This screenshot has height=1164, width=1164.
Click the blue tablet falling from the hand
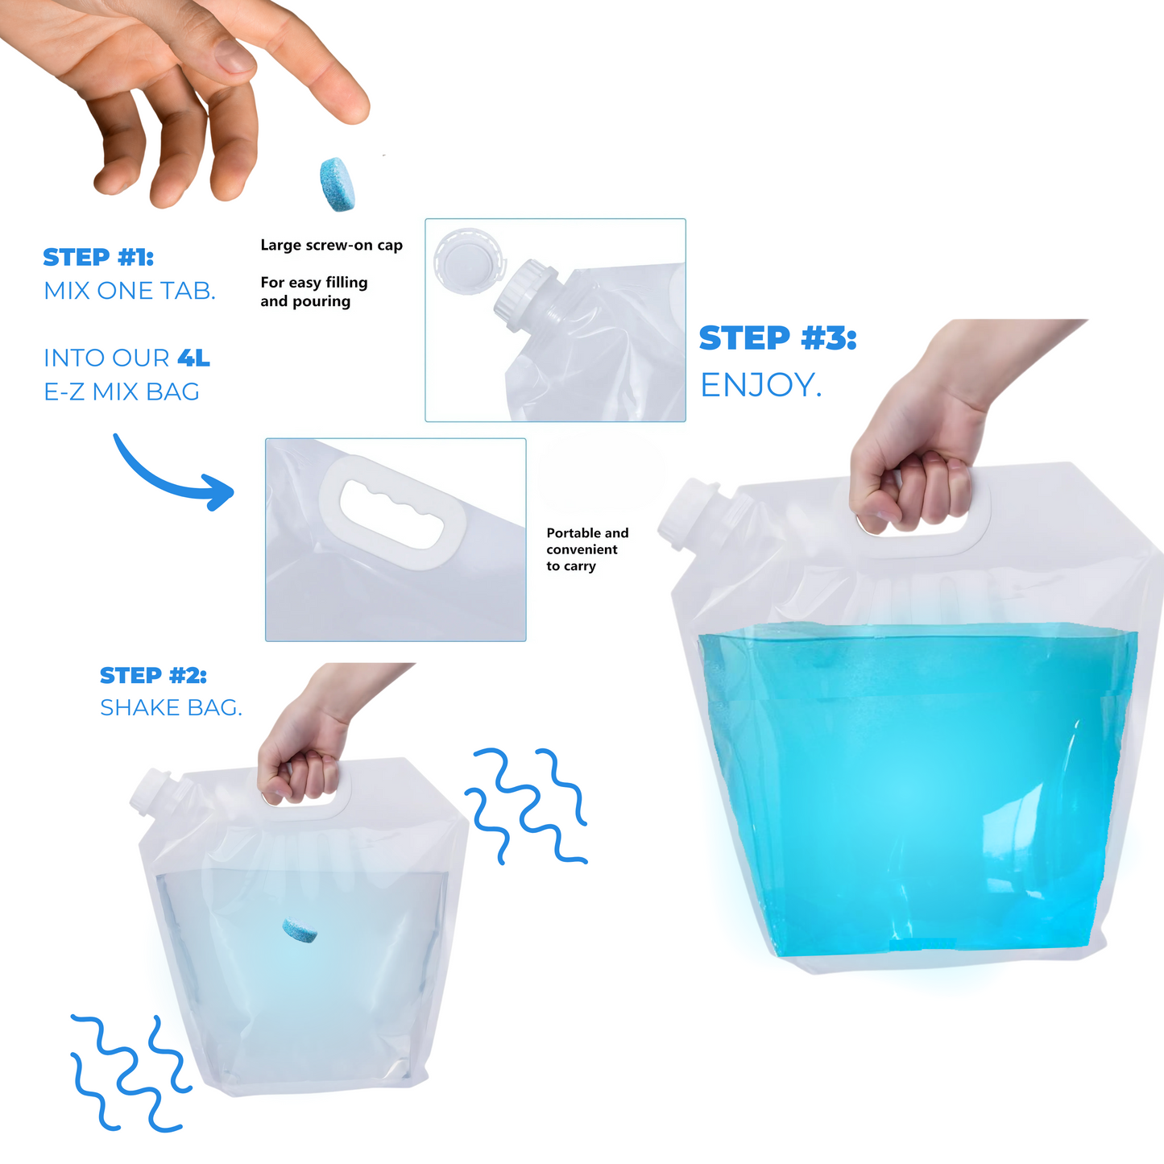(x=337, y=184)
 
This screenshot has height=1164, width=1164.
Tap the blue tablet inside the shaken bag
(x=300, y=930)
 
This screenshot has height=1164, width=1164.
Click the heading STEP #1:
(x=98, y=257)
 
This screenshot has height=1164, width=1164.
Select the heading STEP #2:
(x=153, y=675)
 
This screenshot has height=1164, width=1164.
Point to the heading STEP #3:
(x=778, y=338)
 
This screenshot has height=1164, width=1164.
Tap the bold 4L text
(x=193, y=358)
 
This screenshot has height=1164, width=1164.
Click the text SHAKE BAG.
(x=171, y=707)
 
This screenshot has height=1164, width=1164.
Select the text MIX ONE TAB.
(x=130, y=291)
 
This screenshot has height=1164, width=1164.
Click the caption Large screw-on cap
(x=332, y=245)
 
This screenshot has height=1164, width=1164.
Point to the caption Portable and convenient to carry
(x=587, y=549)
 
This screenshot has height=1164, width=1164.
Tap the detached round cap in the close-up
(x=470, y=261)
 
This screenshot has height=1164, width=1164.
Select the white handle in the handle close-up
(x=392, y=512)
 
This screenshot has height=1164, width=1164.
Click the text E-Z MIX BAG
(x=122, y=392)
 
